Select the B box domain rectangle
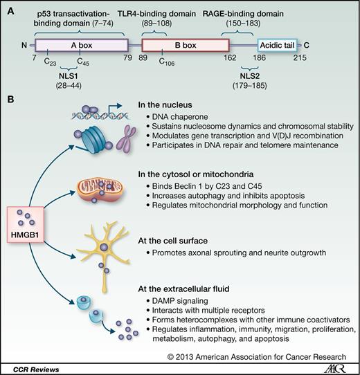185,45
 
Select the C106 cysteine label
164,64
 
